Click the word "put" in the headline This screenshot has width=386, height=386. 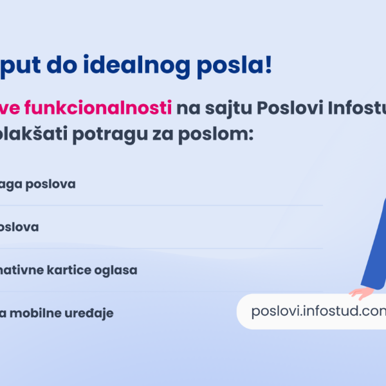(x=21, y=67)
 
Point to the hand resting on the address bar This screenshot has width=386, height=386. (x=362, y=292)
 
